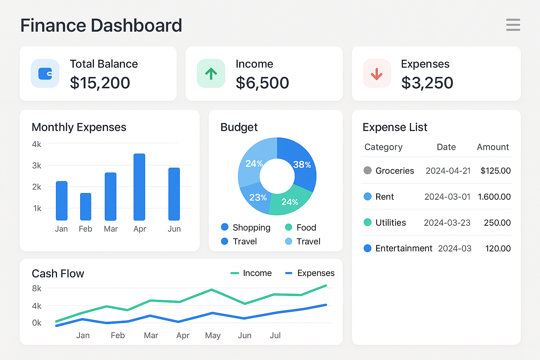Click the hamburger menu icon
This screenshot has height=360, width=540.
tap(513, 25)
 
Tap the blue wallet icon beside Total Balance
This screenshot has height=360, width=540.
tap(45, 73)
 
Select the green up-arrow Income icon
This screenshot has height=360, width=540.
tap(211, 73)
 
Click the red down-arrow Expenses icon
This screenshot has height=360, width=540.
tap(377, 73)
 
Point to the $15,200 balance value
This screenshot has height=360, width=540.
tap(100, 83)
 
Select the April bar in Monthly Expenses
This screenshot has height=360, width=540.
tap(139, 187)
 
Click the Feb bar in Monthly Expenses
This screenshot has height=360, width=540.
tap(85, 207)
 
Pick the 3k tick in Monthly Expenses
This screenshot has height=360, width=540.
tap(37, 166)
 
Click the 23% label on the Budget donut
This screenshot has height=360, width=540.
tap(258, 198)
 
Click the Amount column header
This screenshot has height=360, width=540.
tap(493, 147)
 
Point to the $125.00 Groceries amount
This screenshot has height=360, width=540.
tap(495, 171)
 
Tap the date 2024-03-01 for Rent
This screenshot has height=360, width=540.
tap(447, 197)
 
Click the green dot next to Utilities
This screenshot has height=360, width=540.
tap(367, 223)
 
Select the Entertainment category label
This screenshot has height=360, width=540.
tap(404, 249)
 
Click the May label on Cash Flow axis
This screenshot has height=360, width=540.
tap(213, 335)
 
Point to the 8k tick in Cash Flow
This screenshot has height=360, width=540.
tap(37, 289)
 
